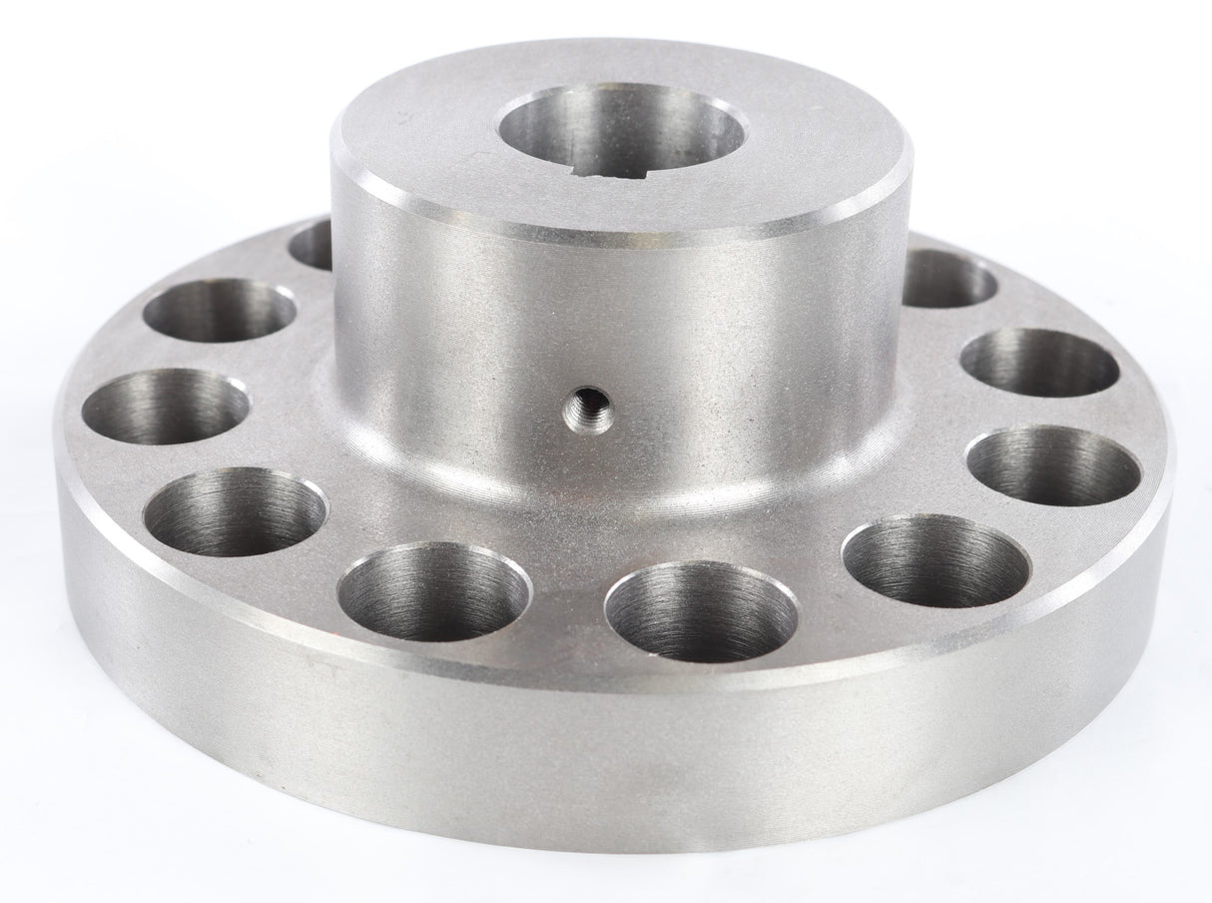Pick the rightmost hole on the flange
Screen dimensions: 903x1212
[x=1057, y=465]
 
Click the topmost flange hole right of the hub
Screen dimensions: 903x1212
[x=948, y=278]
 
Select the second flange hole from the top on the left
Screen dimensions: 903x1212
[x=219, y=310]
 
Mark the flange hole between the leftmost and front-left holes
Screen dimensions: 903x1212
[x=235, y=512]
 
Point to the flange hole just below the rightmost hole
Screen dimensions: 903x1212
[x=935, y=561]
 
